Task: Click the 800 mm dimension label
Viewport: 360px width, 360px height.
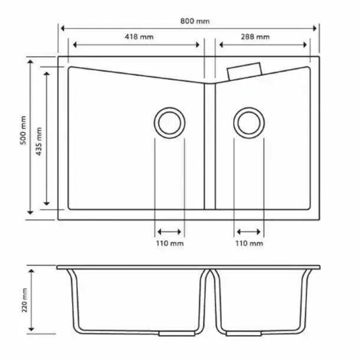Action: click(x=195, y=21)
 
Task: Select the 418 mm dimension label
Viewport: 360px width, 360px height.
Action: click(x=139, y=37)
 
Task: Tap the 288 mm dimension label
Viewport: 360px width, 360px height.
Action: click(x=255, y=37)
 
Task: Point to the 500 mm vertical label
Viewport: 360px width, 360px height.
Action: click(x=23, y=130)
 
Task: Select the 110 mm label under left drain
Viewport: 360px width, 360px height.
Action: click(x=169, y=243)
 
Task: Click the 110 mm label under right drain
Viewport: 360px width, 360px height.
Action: click(x=249, y=243)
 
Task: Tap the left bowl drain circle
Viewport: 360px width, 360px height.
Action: click(x=169, y=123)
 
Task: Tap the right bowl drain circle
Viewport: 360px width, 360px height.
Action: click(x=248, y=123)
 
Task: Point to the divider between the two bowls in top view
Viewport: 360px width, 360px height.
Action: click(x=210, y=148)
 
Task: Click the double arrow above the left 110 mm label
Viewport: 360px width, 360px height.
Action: click(x=169, y=231)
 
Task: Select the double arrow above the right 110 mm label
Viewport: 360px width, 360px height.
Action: click(x=249, y=231)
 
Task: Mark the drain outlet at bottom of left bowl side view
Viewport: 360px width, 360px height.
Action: click(x=169, y=333)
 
